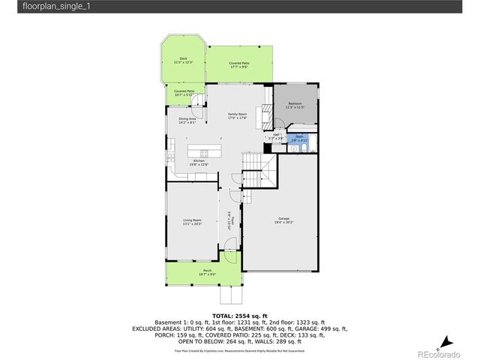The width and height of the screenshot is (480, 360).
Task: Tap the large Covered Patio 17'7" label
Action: tap(239, 64)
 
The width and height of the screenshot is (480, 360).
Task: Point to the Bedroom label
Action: tap(295, 105)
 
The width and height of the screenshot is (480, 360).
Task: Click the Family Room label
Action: tap(238, 115)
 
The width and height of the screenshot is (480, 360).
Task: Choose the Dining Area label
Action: tap(187, 120)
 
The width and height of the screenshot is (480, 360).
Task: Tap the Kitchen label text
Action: tap(199, 163)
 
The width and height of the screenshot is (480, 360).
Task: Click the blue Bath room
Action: tap(300, 139)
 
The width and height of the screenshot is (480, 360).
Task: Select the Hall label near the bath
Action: tap(275, 137)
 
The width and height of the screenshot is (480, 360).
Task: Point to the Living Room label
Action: tap(192, 222)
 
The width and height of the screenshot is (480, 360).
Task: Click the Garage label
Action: tap(283, 220)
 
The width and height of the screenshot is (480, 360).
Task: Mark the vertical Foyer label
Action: tap(232, 222)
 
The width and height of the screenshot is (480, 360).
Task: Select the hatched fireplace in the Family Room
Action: tap(263, 115)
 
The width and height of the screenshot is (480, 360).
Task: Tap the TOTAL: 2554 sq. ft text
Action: tap(239, 316)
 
